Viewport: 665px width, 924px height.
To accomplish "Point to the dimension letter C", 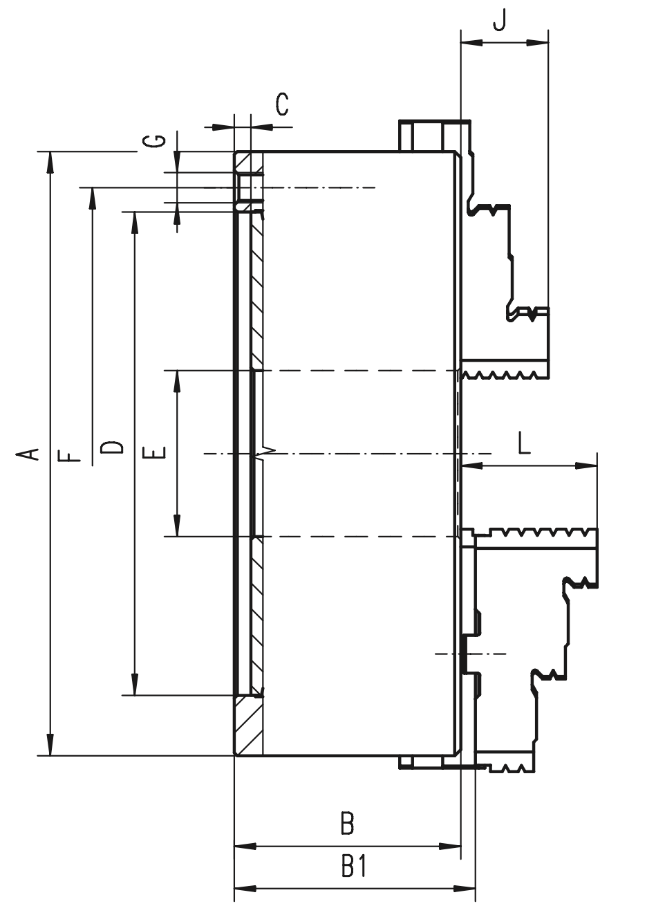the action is point(282,104).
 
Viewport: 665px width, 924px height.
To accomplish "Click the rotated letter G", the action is point(154,140).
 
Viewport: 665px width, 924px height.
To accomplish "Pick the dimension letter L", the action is point(524,443).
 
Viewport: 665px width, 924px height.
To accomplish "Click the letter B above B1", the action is point(348,823).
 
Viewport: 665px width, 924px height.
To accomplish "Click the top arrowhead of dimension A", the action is point(50,163).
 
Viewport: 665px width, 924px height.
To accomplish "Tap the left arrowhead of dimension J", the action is point(471,42).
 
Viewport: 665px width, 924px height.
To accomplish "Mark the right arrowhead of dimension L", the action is point(586,466).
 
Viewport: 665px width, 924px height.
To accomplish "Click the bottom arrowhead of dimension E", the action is point(177,526).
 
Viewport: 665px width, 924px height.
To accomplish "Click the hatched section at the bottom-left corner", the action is point(249,727).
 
